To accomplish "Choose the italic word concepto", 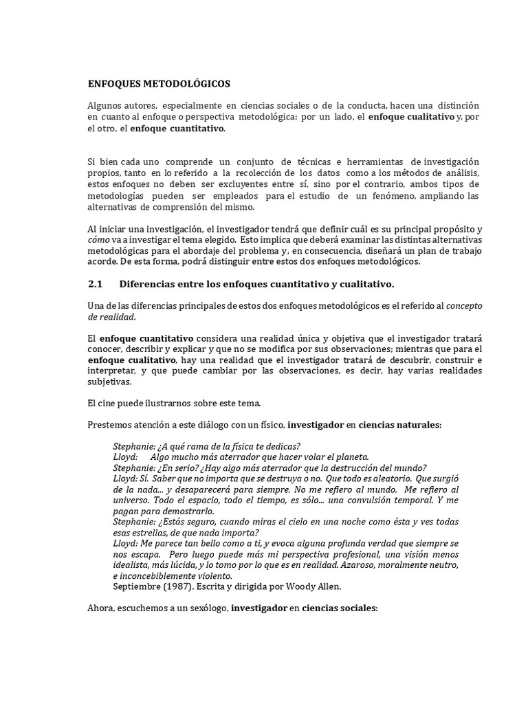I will point(463,306).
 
